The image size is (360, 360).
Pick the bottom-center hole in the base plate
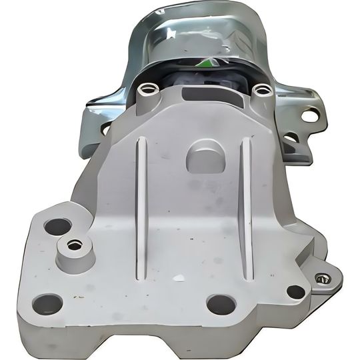point(221,304)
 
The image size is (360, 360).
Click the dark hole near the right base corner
point(295,291)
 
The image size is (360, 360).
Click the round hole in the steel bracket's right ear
point(310,115)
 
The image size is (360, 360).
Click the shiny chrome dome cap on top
point(200,33)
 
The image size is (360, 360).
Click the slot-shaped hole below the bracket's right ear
point(291,138)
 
